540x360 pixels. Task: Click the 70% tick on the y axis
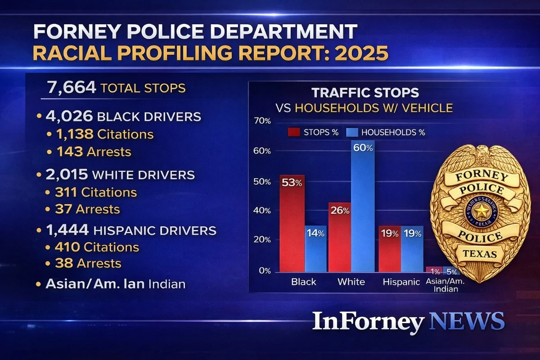(262, 121)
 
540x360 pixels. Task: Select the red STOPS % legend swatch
(294, 132)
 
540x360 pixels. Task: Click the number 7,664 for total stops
(68, 87)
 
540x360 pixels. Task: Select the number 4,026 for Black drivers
(69, 116)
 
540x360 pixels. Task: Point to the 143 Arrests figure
(70, 152)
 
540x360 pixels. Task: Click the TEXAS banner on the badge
(481, 254)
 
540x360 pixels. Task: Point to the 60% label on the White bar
(363, 148)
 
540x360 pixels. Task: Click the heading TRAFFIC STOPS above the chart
(365, 93)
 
